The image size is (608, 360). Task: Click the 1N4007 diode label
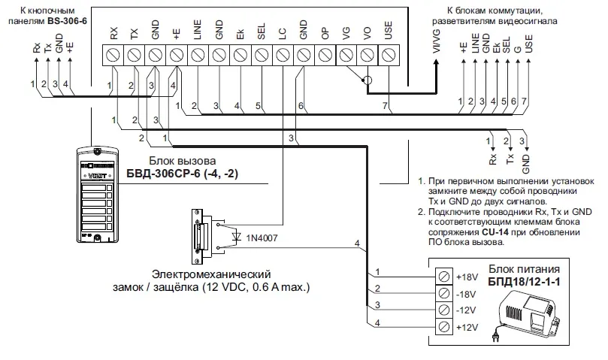260,237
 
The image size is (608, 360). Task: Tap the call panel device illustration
92,195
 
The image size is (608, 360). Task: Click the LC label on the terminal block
283,34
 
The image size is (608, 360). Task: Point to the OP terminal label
325,34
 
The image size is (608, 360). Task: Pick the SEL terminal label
262,34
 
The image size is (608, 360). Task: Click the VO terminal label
368,34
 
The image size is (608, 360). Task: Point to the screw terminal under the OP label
325,55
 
